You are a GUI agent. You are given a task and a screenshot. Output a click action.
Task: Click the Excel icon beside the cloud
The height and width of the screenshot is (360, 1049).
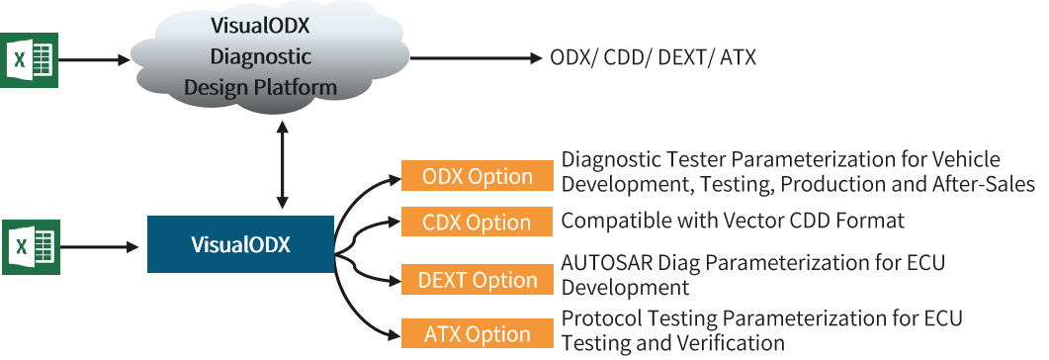point(30,59)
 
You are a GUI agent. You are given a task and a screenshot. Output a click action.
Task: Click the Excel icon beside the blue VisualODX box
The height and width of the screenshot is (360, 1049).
point(31,246)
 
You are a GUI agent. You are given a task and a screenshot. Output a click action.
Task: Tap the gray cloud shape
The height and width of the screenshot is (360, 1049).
point(270,58)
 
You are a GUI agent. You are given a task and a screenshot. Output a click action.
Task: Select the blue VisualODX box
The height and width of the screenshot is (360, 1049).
point(241,244)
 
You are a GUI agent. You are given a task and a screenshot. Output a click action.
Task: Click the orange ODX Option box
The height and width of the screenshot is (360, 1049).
point(477,176)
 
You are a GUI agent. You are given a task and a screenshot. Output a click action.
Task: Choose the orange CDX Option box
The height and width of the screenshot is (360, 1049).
point(477,222)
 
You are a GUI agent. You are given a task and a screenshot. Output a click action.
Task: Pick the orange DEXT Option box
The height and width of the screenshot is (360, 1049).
point(477,279)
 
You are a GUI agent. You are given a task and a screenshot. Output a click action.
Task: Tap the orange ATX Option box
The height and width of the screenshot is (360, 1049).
point(477,334)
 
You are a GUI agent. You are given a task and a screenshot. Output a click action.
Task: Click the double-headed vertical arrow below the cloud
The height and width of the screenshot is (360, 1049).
point(283,164)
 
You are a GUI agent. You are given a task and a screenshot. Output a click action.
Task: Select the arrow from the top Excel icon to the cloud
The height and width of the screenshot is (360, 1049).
point(94,59)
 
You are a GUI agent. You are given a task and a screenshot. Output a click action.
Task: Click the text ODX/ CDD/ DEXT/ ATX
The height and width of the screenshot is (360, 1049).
point(653,57)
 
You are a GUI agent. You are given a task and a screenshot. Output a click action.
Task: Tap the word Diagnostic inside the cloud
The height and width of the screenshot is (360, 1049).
point(261,56)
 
